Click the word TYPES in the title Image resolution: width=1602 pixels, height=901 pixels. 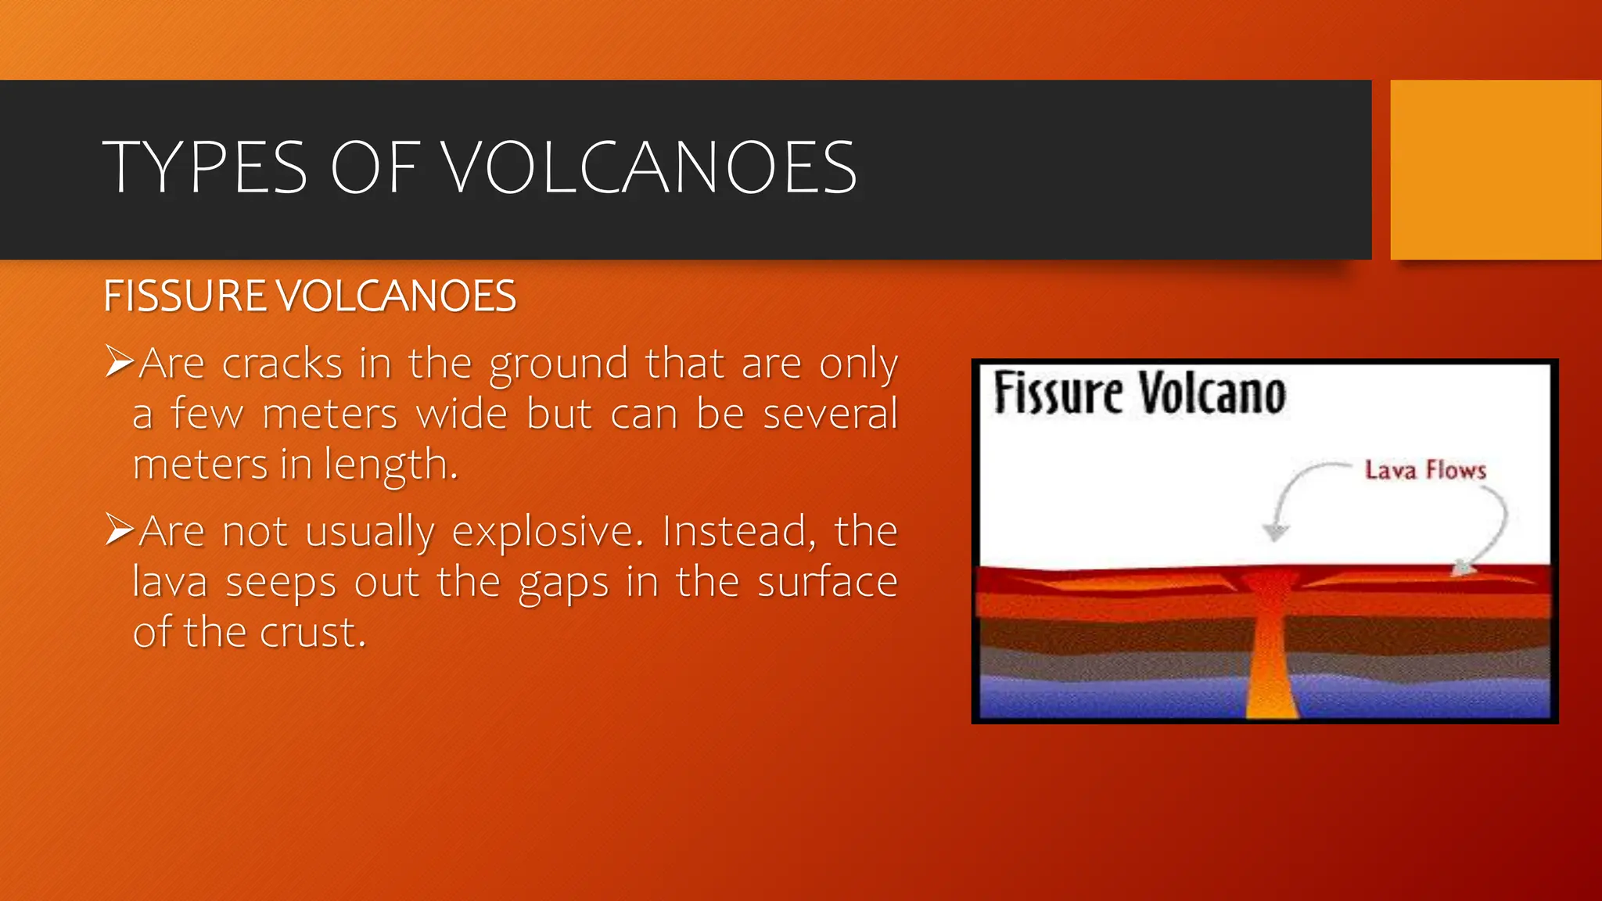pyautogui.click(x=205, y=167)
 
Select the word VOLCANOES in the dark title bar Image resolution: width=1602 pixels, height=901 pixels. pyautogui.click(x=650, y=167)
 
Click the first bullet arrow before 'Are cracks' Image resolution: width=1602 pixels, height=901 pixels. pyautogui.click(x=120, y=361)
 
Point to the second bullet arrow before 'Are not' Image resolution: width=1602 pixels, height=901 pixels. pyautogui.click(x=120, y=529)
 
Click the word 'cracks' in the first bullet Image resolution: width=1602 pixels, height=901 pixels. pyautogui.click(x=282, y=364)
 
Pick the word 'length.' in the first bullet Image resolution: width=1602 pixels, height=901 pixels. pyautogui.click(x=390, y=465)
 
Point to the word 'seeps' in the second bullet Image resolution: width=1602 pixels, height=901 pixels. pyautogui.click(x=281, y=583)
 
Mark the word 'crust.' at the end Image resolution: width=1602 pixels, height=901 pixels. pyautogui.click(x=313, y=633)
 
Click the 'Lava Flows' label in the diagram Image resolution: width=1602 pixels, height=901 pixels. pyautogui.click(x=1425, y=470)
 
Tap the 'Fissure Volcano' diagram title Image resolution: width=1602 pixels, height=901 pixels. pyautogui.click(x=1140, y=393)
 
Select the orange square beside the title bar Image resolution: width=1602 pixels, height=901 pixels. pyautogui.click(x=1496, y=170)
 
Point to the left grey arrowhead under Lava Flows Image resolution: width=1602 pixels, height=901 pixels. pyautogui.click(x=1276, y=533)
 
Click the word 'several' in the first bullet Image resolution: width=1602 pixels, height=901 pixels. pyautogui.click(x=830, y=414)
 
